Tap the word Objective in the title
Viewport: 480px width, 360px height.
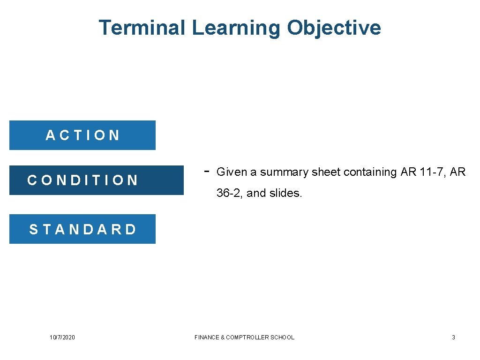coord(334,28)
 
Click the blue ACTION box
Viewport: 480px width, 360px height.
coord(82,135)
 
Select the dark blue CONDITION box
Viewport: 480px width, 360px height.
coord(97,180)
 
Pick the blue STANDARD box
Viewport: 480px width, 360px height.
coord(82,229)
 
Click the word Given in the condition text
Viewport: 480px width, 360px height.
coord(232,172)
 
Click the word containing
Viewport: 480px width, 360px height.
coord(370,172)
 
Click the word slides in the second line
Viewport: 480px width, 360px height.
coord(285,193)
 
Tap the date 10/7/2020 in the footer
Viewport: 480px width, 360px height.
coord(62,337)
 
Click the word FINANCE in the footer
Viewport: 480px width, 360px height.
coord(207,337)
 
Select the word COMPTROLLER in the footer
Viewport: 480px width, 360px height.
coord(249,337)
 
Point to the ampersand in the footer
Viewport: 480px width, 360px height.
coord(222,337)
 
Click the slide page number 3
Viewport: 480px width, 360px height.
coord(453,337)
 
